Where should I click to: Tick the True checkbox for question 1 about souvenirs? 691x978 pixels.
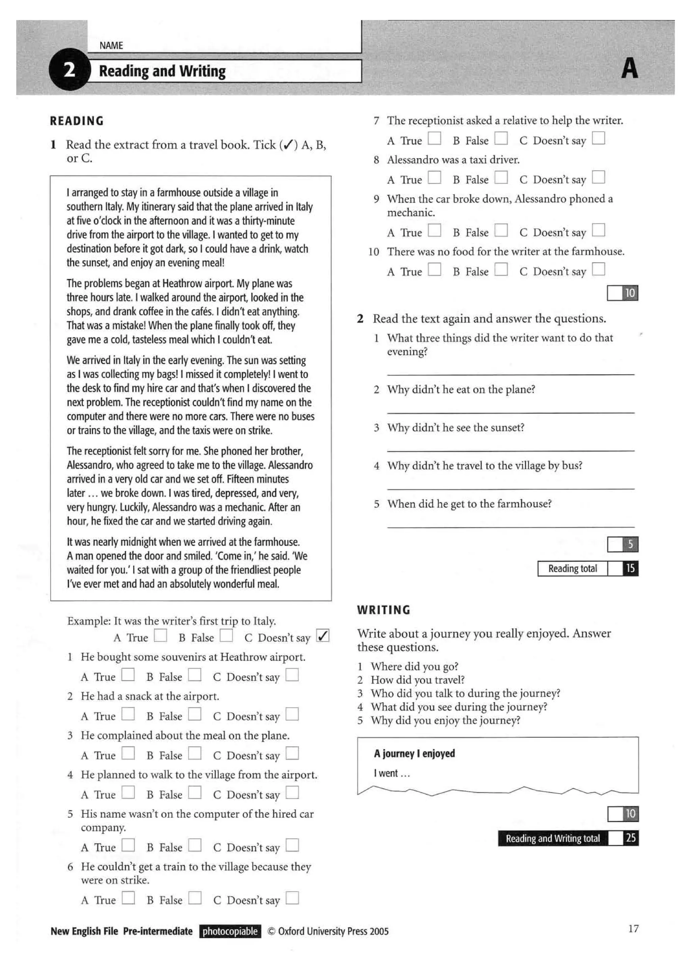128,675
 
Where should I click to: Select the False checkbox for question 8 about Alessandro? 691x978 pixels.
501,177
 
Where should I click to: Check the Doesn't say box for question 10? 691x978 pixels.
598,269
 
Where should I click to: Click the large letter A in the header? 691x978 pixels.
629,69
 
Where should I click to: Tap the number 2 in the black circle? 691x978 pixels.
70,70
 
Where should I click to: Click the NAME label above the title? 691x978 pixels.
111,46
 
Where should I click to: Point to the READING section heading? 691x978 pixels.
77,121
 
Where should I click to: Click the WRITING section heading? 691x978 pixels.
384,610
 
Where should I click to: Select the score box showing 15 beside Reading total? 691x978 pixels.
630,568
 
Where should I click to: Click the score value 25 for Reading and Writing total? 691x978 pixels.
631,838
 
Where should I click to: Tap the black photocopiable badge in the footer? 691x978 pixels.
230,931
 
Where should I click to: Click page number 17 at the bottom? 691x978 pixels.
633,929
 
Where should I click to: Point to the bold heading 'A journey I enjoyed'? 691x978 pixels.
414,754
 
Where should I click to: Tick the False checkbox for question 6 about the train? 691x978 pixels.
195,898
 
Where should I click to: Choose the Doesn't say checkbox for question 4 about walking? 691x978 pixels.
292,793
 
